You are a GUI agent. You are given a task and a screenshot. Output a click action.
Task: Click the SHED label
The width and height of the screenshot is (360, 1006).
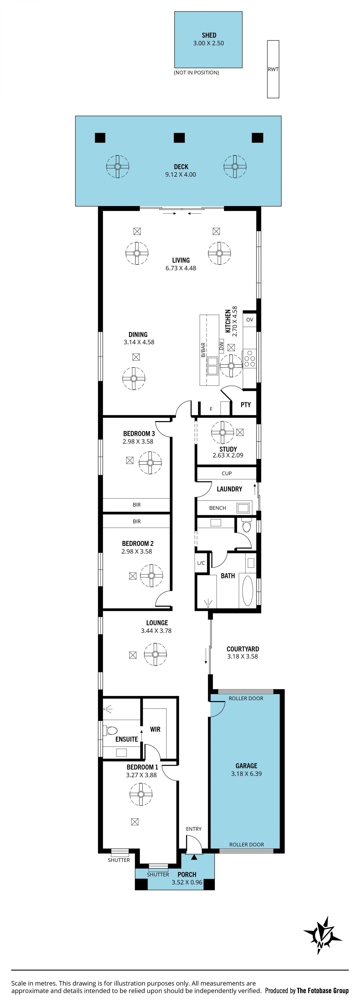coord(209,35)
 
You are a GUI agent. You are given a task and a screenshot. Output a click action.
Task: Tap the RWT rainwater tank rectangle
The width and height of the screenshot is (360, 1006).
coord(273,69)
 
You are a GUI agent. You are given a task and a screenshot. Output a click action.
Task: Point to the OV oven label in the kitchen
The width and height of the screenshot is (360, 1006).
coord(250,319)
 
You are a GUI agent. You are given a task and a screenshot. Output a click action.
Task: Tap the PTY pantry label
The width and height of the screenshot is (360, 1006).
coord(246,405)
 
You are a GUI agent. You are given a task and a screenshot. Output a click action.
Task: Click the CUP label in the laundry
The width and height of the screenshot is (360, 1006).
coord(227,473)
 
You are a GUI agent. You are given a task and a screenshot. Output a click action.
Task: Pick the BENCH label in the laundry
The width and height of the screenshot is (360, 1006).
coord(217,508)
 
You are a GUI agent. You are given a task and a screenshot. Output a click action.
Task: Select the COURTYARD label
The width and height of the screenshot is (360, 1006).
coord(243,649)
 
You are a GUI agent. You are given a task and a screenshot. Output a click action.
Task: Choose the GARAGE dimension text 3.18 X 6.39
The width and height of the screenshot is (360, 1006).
coord(246,774)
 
